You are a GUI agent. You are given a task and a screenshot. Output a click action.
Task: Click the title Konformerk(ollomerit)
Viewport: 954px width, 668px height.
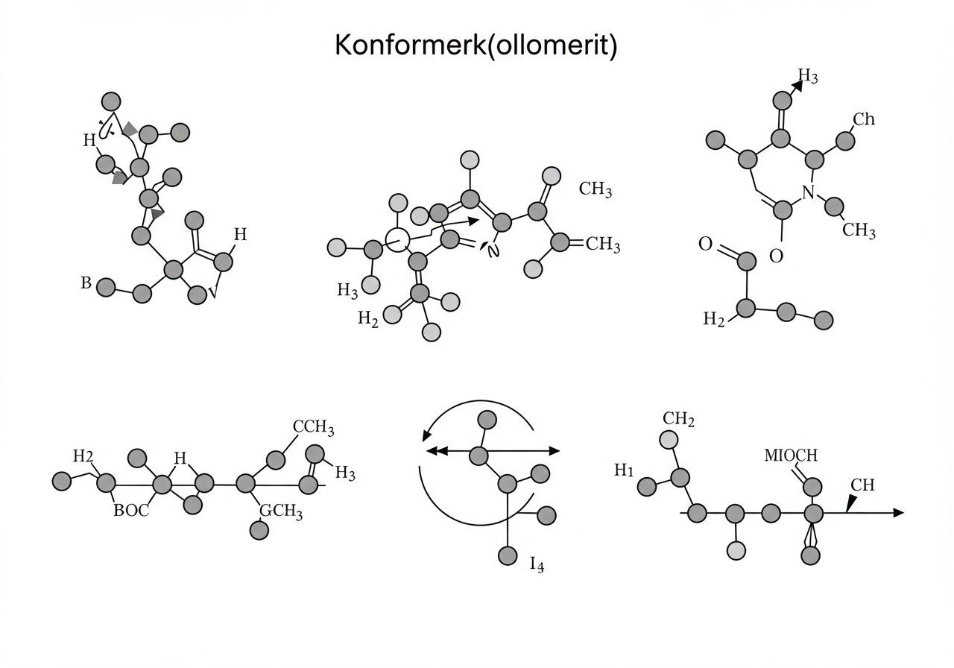[476, 45]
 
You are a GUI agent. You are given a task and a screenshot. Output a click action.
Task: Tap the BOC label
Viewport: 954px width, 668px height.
[131, 511]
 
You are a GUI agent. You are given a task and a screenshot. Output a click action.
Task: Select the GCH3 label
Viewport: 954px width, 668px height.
[281, 511]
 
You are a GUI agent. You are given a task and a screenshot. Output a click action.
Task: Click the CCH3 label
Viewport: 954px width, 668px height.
[313, 427]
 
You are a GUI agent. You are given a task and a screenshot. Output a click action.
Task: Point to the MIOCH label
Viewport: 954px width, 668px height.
[791, 456]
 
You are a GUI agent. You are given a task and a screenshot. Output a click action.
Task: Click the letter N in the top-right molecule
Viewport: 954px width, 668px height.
[808, 192]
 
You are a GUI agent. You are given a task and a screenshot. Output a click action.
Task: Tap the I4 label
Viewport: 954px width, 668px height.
[537, 564]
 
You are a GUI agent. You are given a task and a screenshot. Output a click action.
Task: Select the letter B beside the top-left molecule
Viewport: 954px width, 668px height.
[86, 283]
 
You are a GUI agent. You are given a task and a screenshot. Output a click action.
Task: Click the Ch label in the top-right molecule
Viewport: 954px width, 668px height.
[864, 119]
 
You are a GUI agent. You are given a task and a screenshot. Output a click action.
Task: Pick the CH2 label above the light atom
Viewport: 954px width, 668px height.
[678, 418]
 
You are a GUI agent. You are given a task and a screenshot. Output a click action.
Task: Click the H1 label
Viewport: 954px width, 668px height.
[624, 470]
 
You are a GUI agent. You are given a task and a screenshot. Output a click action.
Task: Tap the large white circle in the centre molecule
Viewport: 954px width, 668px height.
[397, 239]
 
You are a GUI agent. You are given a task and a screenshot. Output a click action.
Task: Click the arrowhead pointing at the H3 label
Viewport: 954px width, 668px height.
[797, 86]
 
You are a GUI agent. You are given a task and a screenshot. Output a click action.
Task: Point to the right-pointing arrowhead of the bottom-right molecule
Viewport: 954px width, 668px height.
[898, 512]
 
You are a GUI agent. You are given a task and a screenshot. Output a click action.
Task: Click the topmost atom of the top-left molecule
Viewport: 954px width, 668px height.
[111, 102]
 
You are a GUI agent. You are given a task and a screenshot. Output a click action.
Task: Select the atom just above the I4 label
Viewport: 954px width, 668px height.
[508, 555]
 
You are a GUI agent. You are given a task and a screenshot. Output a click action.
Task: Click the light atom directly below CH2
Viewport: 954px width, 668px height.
[669, 440]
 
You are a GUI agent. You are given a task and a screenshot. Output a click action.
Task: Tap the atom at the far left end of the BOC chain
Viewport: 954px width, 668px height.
[61, 481]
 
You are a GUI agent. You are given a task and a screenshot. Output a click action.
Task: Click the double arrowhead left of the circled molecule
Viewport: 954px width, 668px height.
[437, 451]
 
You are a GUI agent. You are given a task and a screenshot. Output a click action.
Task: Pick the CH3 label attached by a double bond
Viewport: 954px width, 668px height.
[603, 244]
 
